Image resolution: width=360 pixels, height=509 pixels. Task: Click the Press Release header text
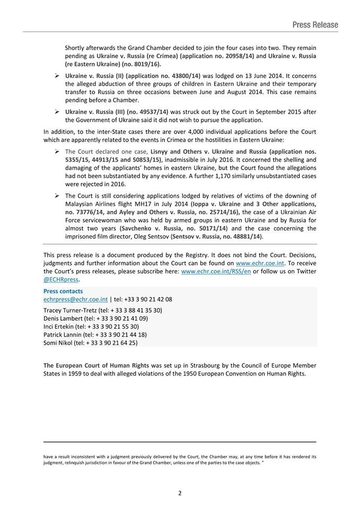click(315, 24)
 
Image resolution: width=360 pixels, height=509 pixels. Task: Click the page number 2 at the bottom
click(180, 493)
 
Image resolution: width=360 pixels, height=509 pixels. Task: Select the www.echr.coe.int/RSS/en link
click(216, 271)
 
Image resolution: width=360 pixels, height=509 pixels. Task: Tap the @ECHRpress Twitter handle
click(60, 279)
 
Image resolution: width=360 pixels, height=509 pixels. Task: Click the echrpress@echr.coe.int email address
click(75, 299)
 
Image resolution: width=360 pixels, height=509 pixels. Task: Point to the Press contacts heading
click(63, 291)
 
